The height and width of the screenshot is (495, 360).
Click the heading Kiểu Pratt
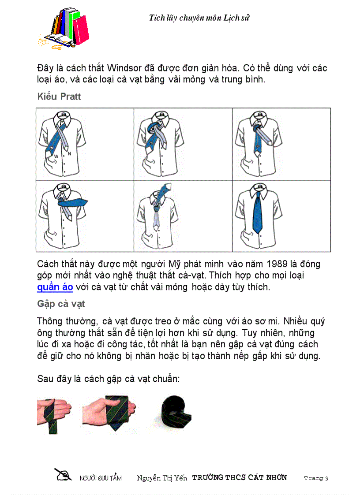[x=59, y=97]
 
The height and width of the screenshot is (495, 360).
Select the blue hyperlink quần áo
[x=55, y=287]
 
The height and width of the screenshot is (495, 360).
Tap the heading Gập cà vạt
[x=61, y=304]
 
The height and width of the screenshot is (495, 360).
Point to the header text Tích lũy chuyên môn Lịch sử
[x=200, y=18]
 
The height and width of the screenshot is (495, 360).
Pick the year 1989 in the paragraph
[x=277, y=264]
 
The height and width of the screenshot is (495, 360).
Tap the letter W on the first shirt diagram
[x=56, y=156]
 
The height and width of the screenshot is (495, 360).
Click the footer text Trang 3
[x=316, y=478]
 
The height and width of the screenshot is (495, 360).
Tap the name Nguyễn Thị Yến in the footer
[x=162, y=478]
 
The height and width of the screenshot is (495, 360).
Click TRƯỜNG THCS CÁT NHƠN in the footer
[x=240, y=477]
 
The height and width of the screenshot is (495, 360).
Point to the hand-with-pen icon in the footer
[x=63, y=475]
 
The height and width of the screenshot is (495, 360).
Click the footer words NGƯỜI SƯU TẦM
[x=101, y=478]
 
